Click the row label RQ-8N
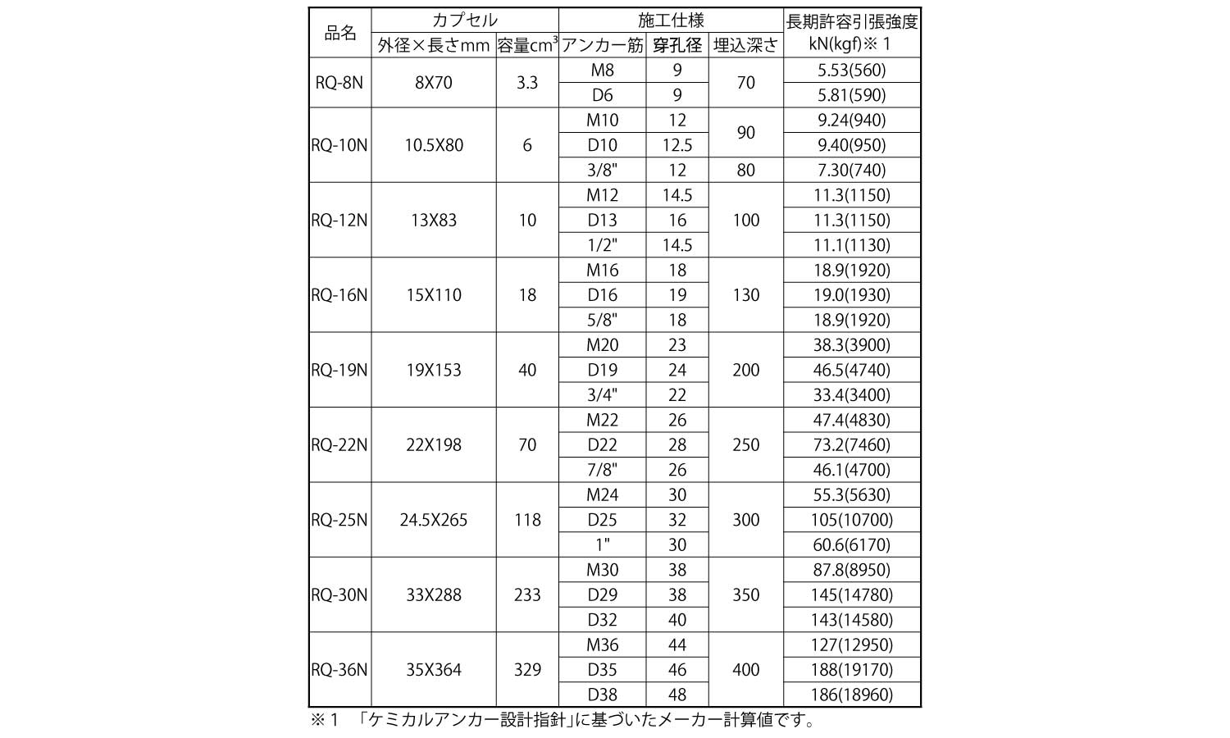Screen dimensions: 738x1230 tap(339, 83)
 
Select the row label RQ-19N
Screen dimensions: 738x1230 tap(339, 370)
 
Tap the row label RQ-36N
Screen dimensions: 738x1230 tap(339, 670)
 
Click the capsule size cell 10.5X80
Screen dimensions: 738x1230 tap(434, 145)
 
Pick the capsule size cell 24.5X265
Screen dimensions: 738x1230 tap(434, 520)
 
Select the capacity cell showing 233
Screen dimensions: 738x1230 tap(527, 594)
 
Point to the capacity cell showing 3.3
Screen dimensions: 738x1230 tap(527, 83)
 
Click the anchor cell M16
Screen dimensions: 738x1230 tap(602, 270)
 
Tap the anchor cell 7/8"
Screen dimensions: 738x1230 tap(602, 470)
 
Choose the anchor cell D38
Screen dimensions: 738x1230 tap(602, 695)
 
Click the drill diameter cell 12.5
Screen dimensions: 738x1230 tap(676, 145)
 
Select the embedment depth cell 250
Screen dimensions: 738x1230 tap(745, 444)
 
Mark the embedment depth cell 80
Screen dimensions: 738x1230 tap(745, 170)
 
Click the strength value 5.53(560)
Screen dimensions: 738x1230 tap(852, 71)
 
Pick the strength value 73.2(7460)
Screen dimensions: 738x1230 tap(852, 444)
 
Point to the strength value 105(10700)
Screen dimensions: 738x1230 tap(852, 520)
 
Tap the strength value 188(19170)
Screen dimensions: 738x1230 tap(852, 670)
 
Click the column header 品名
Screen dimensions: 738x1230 tap(340, 33)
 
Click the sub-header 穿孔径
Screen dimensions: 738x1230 tap(676, 45)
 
